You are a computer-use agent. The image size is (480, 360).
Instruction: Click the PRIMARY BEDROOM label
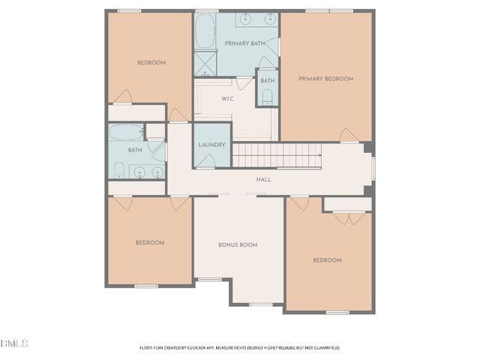[x=325, y=78]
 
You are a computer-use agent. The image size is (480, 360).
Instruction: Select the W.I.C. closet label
[x=228, y=99]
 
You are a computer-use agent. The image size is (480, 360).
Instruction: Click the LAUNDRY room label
[x=212, y=145]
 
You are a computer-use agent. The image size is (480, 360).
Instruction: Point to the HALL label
[x=264, y=179]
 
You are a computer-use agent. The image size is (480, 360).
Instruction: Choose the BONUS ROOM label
[x=238, y=245]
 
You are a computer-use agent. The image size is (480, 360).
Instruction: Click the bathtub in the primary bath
[x=205, y=31]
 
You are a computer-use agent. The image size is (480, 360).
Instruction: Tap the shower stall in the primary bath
[x=205, y=63]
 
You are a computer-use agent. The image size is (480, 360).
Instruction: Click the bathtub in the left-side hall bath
[x=127, y=132]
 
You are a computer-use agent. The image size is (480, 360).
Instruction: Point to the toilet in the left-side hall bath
[x=118, y=168]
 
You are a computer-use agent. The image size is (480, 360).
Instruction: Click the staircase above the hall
[x=276, y=156]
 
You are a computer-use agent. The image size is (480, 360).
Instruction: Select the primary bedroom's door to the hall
[x=349, y=136]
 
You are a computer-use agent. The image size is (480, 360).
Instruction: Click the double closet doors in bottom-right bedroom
[x=347, y=217]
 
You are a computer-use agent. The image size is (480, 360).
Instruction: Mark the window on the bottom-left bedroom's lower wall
[x=145, y=286]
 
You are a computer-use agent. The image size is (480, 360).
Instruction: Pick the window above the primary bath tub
[x=206, y=10]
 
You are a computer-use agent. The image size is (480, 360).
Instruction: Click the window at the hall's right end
[x=373, y=169]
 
